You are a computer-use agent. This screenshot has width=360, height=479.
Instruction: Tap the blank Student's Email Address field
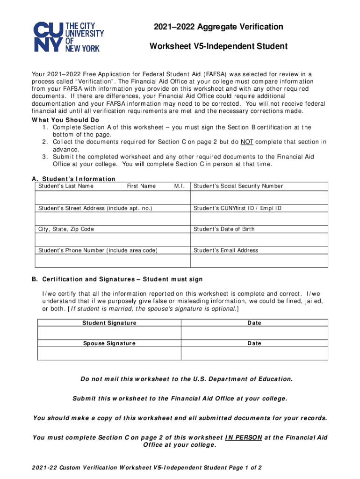259,261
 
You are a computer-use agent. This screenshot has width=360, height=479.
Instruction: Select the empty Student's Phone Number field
113,261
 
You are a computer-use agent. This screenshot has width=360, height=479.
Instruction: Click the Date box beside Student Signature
254,333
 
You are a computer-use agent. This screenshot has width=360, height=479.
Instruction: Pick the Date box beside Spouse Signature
254,353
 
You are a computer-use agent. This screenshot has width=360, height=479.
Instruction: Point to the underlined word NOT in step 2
247,142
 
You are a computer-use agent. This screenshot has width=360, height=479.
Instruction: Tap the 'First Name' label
141,186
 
